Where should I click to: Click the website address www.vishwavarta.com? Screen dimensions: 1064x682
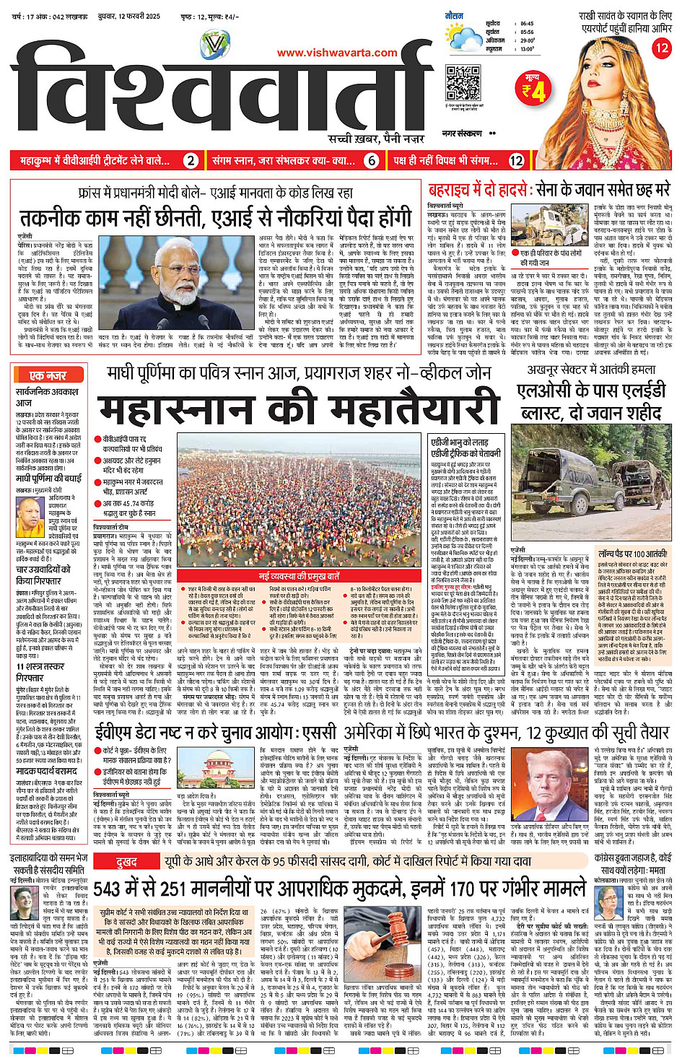337,53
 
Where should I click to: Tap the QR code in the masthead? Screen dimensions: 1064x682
463,83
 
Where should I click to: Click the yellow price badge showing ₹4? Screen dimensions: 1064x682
534,89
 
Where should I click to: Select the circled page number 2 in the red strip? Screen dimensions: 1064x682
191,161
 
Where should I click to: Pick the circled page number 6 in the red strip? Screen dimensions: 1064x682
372,161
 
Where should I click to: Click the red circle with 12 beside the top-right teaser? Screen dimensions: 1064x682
661,48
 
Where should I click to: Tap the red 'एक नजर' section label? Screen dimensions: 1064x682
48,375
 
